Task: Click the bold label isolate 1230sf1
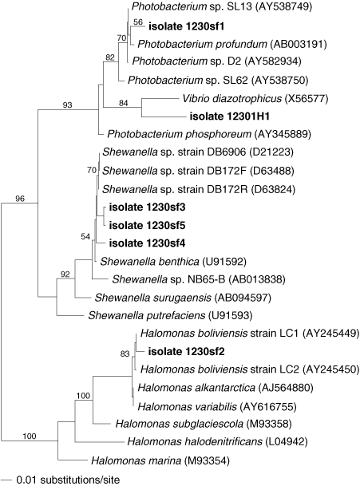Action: tap(186, 26)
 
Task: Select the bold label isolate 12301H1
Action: tap(229, 117)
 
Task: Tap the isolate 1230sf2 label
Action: tap(186, 351)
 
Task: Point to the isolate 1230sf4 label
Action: tap(148, 243)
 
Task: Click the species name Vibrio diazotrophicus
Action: tap(232, 99)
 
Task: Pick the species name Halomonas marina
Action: tap(136, 460)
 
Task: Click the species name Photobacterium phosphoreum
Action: tap(180, 134)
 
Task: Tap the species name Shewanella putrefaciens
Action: tap(147, 315)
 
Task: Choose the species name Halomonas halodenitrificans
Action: tap(195, 441)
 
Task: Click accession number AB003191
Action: tap(299, 44)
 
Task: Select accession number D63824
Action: tap(273, 189)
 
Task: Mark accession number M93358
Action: tap(269, 423)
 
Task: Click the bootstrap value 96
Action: tap(20, 199)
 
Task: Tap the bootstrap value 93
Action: tap(67, 105)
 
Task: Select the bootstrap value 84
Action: tap(124, 103)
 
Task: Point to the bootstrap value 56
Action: tap(138, 22)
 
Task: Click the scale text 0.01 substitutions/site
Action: tap(68, 480)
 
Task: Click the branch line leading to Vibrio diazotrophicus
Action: tap(160, 99)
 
